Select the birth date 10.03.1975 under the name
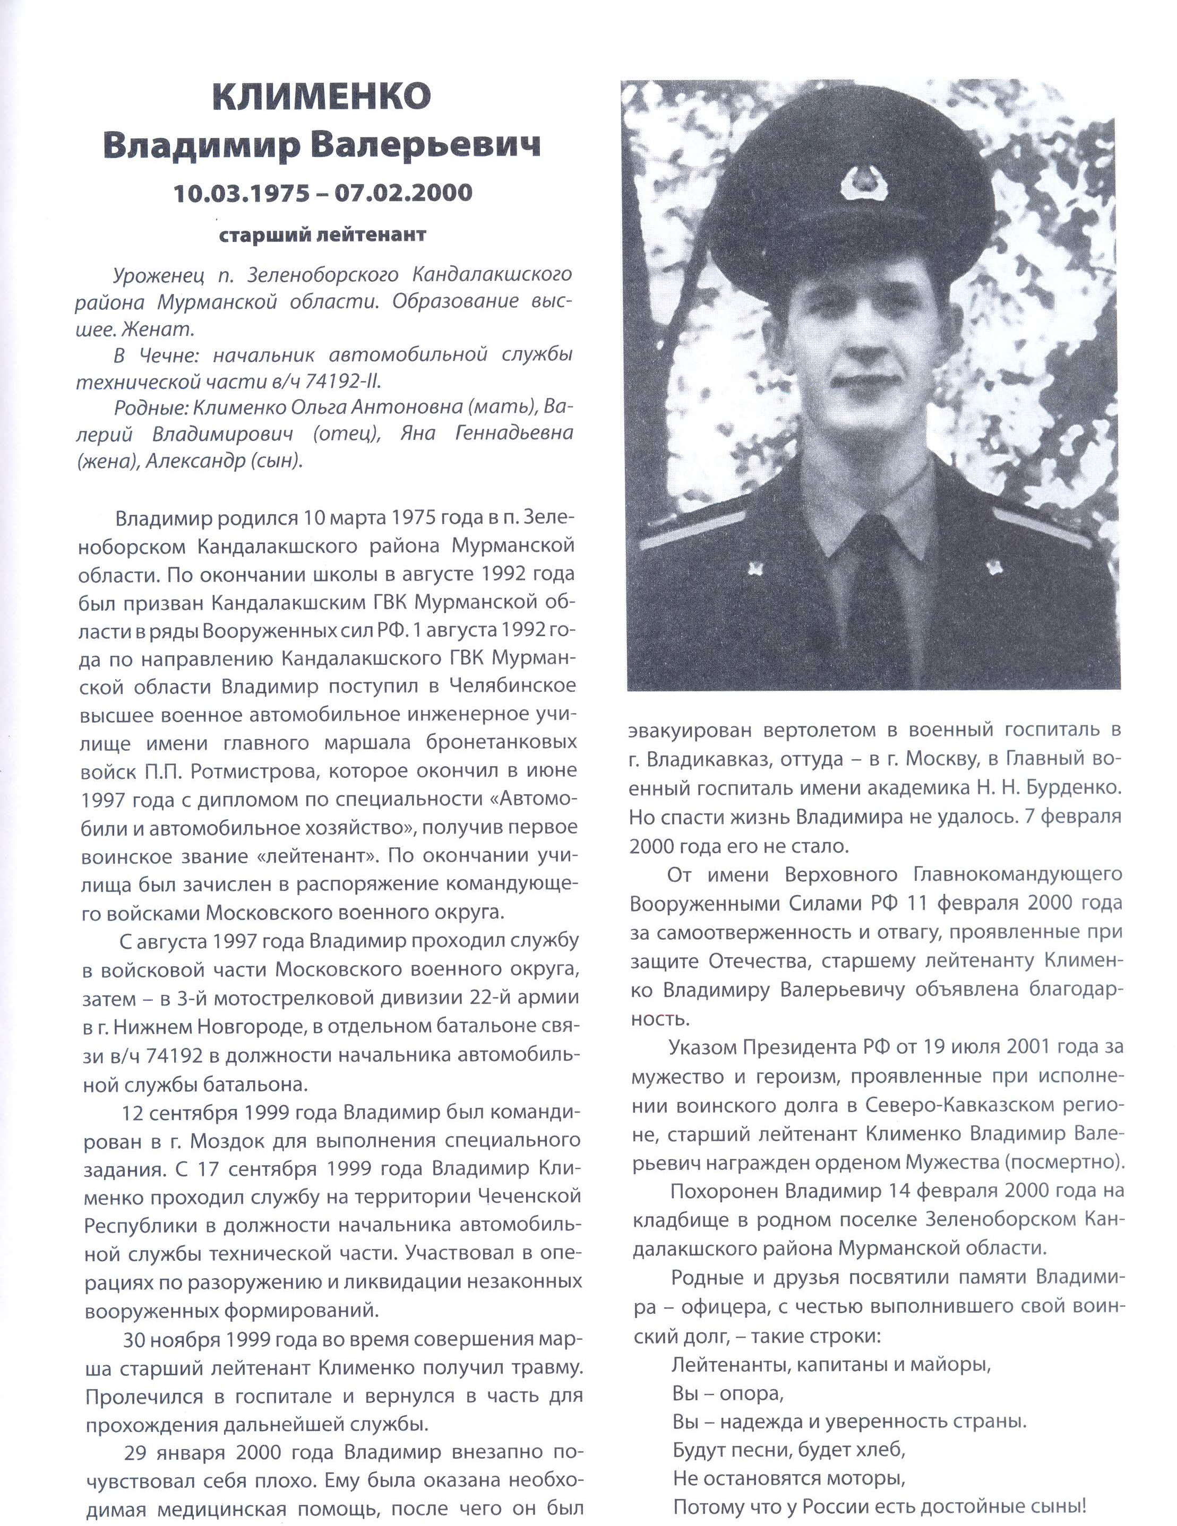(241, 192)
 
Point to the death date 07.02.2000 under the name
(404, 192)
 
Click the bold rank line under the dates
(322, 235)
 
